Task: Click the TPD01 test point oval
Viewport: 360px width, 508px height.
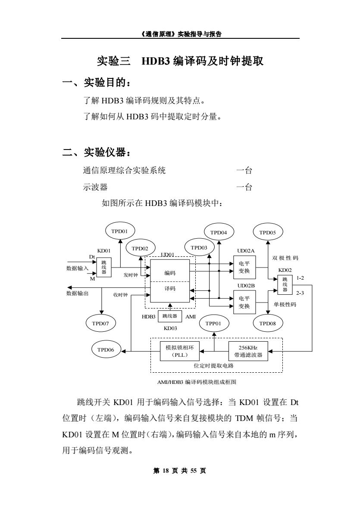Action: click(120, 231)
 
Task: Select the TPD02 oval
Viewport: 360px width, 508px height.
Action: click(140, 249)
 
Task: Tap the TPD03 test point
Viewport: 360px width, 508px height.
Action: click(199, 248)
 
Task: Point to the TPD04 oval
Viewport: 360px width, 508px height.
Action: click(219, 232)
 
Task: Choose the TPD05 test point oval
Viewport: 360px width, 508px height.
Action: click(268, 232)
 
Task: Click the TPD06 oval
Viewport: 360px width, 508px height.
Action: click(106, 349)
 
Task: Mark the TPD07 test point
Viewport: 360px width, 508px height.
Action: click(100, 323)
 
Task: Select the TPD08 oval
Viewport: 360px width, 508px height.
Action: click(268, 323)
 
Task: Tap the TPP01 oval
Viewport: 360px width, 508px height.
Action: click(213, 323)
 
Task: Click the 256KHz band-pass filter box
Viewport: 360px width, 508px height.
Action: click(248, 351)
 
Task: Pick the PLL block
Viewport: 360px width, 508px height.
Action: click(180, 351)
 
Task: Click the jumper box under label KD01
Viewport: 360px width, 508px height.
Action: click(104, 268)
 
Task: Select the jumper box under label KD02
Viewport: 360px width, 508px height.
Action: click(285, 284)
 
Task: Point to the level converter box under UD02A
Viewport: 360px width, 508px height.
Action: click(244, 267)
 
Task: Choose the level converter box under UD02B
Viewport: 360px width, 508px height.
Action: click(244, 302)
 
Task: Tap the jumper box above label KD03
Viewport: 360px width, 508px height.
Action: click(170, 316)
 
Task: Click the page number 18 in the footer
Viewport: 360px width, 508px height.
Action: click(166, 471)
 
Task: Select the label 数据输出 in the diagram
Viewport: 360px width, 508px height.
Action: click(78, 293)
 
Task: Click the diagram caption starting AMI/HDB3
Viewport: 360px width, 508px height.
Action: click(197, 382)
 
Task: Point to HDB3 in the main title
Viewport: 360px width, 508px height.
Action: click(156, 61)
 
